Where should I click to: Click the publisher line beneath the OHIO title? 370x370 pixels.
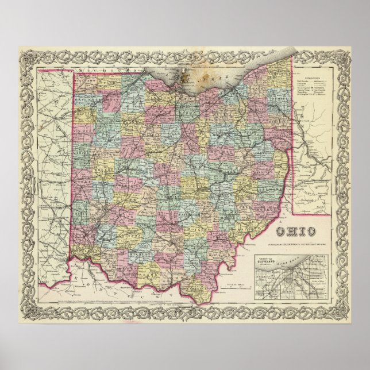click(297, 241)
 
